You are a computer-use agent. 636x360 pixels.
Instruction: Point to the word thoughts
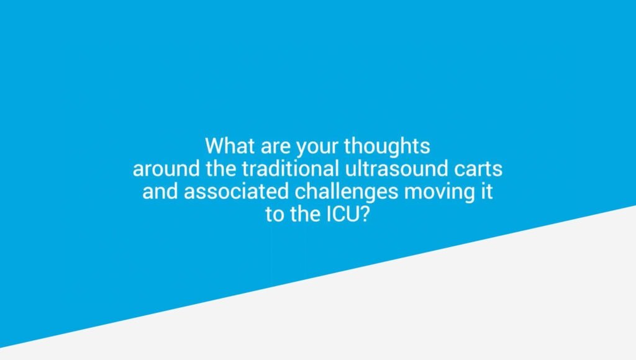coord(387,146)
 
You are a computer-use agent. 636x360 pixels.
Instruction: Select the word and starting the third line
coord(161,191)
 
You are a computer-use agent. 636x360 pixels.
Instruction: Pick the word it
coord(486,191)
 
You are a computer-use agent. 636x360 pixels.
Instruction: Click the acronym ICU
coord(343,213)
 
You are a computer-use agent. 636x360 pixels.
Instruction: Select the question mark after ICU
coord(368,213)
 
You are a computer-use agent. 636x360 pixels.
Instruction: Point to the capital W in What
coord(214,146)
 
